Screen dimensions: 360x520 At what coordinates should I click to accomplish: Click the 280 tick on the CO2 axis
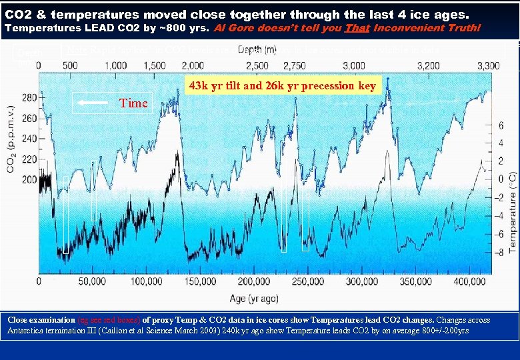coord(29,97)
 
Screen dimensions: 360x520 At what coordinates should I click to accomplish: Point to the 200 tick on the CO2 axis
coord(29,180)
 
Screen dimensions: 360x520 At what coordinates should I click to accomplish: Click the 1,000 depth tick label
coord(116,65)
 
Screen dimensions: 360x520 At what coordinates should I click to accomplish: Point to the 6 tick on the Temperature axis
coord(500,125)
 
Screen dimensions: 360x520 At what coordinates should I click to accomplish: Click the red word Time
coord(133,103)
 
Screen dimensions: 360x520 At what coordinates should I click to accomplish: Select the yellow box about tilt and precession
coord(283,85)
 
